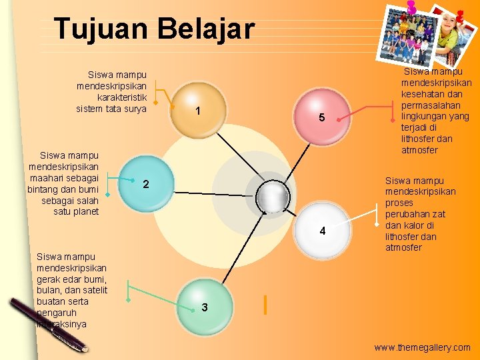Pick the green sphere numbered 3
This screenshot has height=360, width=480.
(x=204, y=303)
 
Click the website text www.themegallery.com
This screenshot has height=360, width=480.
(x=422, y=347)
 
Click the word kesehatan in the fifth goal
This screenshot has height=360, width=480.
(x=435, y=94)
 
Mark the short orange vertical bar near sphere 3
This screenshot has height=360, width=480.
(x=265, y=305)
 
